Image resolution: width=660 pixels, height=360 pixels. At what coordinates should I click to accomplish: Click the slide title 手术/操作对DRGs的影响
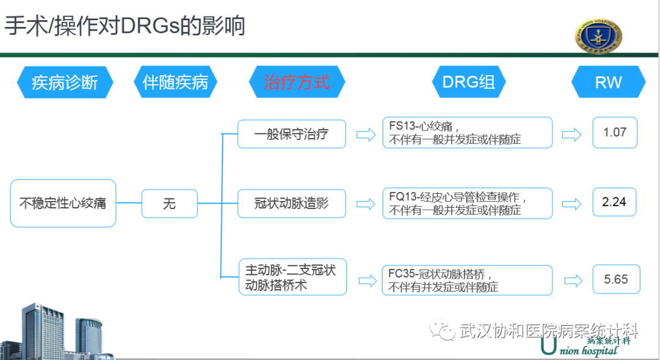click(x=126, y=26)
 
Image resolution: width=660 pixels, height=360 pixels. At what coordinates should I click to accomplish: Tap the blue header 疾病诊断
click(x=65, y=82)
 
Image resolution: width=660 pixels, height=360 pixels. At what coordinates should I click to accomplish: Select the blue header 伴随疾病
click(x=175, y=82)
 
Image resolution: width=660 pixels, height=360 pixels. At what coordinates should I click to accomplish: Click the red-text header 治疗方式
click(x=297, y=82)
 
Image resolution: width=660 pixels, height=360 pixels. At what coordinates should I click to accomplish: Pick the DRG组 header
click(x=469, y=82)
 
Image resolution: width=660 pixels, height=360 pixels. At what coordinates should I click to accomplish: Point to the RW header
click(x=608, y=82)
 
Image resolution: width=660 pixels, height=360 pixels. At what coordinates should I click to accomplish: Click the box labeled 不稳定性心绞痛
click(x=63, y=203)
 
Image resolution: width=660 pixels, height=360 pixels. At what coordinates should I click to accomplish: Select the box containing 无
click(x=169, y=203)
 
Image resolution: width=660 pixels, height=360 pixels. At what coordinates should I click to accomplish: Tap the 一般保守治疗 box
click(x=291, y=134)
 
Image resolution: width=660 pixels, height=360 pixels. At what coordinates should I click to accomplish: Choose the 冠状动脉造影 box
click(x=291, y=203)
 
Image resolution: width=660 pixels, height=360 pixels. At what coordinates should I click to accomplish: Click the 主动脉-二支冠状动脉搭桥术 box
click(x=292, y=277)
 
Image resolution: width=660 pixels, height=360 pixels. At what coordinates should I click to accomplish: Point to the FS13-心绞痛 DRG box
click(x=467, y=133)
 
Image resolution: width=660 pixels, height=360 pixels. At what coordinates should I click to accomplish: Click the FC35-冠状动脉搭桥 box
click(x=467, y=280)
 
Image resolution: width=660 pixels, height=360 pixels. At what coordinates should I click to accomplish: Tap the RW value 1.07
click(x=614, y=133)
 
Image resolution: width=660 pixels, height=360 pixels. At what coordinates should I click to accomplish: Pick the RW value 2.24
click(x=614, y=202)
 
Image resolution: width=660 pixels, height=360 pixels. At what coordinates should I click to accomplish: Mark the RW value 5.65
click(x=615, y=279)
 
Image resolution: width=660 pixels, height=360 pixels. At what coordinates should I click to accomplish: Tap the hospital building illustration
click(x=58, y=330)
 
